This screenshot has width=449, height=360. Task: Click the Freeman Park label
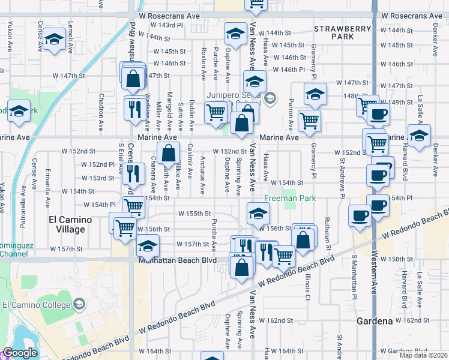(291, 198)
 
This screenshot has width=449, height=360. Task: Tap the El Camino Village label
(70, 224)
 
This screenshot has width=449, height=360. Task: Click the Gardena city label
(375, 321)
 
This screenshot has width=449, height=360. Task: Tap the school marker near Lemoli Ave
(55, 40)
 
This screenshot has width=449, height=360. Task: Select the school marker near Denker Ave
(419, 134)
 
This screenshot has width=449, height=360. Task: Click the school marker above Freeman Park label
(258, 212)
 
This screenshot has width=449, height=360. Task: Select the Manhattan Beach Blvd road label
(176, 261)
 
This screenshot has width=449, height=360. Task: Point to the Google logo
(20, 353)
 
